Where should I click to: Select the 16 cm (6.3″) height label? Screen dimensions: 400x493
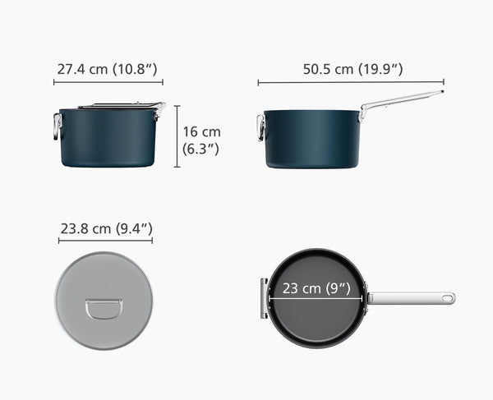click(x=201, y=140)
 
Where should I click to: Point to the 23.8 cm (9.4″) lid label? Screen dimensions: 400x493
click(x=105, y=228)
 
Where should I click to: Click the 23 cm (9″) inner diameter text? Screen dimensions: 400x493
click(x=316, y=288)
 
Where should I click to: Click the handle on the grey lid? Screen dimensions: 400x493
click(x=104, y=308)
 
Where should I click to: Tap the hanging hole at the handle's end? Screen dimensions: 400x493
click(x=447, y=298)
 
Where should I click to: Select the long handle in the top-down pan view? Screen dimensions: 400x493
click(x=408, y=298)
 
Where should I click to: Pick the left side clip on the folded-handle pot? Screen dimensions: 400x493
click(x=58, y=126)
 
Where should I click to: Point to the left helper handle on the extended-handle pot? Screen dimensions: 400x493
click(x=260, y=127)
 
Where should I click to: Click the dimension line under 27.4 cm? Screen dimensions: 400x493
click(x=109, y=82)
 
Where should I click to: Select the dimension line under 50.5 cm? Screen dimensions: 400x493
click(x=351, y=82)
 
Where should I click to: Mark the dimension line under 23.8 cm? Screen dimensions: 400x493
click(x=105, y=241)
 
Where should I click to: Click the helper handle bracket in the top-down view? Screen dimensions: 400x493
click(x=264, y=298)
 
